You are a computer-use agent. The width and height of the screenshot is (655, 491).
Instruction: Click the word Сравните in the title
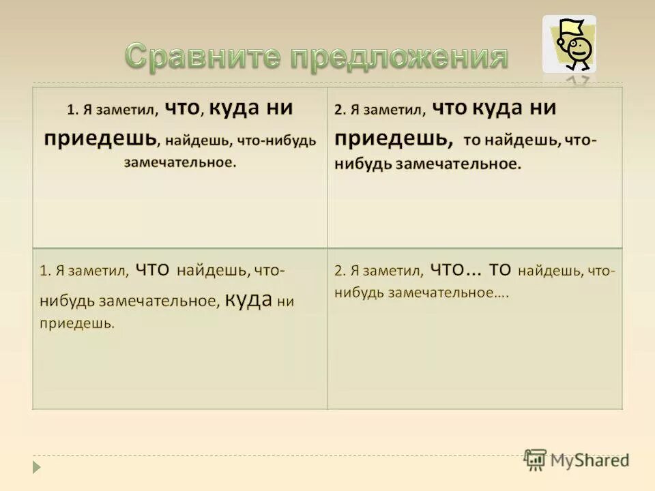(x=203, y=59)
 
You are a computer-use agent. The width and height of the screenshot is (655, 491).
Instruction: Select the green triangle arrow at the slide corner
(x=37, y=467)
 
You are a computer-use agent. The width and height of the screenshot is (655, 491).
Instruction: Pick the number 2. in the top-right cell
(x=340, y=110)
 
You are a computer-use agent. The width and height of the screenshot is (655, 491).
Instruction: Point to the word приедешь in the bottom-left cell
(x=77, y=323)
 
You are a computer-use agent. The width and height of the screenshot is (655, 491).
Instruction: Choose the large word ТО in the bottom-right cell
(x=500, y=269)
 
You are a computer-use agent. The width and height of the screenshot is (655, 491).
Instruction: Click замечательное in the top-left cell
(x=180, y=163)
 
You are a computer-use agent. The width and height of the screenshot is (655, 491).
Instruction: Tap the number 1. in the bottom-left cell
(x=44, y=271)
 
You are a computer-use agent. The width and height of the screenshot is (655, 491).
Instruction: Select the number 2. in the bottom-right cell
(x=340, y=271)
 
